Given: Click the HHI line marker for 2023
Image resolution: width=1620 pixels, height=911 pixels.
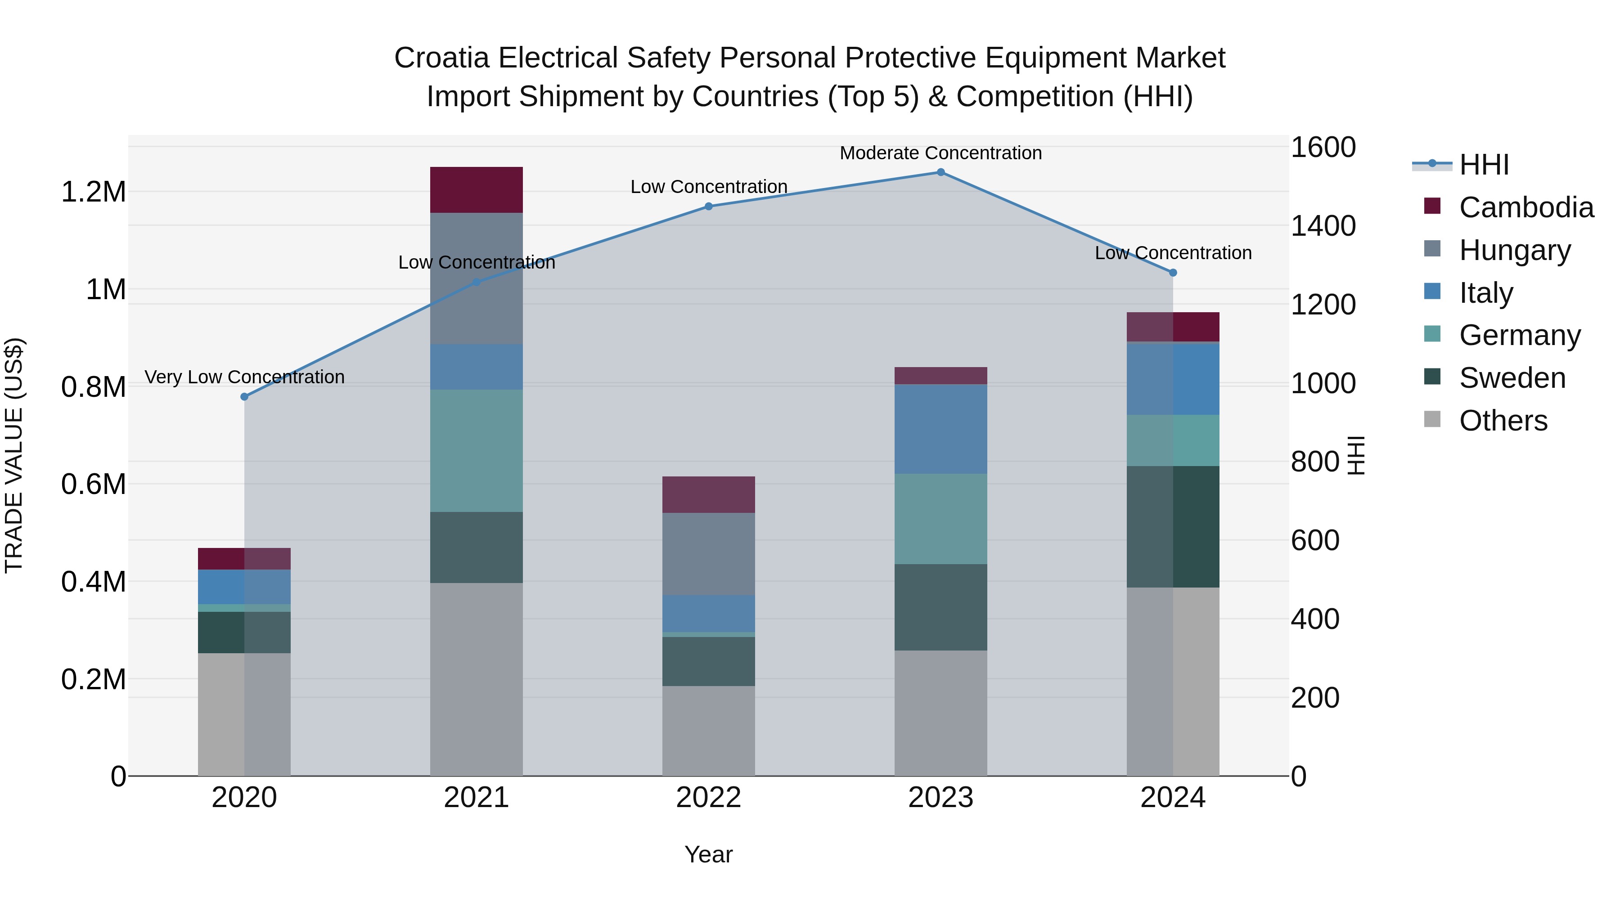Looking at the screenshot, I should [941, 172].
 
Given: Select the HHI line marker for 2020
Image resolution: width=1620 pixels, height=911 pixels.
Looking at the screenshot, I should [245, 397].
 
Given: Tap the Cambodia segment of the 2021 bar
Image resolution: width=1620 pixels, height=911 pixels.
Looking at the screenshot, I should [476, 190].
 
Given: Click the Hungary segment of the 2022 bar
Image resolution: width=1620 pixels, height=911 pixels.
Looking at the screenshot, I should [708, 554].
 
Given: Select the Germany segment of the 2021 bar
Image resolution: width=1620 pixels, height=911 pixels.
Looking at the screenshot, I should [476, 450].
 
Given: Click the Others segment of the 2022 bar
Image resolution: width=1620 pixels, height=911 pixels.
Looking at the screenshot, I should [708, 731].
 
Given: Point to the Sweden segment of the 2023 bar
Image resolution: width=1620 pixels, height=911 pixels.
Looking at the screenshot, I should [941, 607].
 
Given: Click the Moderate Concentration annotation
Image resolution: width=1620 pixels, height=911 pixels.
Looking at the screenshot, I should [941, 153].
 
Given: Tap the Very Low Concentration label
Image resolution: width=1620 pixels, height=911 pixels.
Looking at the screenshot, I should [245, 377].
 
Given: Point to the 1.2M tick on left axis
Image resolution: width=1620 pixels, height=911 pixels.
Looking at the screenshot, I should [94, 192].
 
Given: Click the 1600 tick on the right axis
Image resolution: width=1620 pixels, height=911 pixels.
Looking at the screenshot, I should [1323, 148].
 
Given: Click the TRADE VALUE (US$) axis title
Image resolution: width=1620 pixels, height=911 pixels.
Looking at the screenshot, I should [14, 455].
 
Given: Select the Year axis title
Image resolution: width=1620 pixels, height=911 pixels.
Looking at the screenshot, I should [708, 854].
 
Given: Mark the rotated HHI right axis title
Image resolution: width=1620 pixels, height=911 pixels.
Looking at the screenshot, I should [1356, 455].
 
